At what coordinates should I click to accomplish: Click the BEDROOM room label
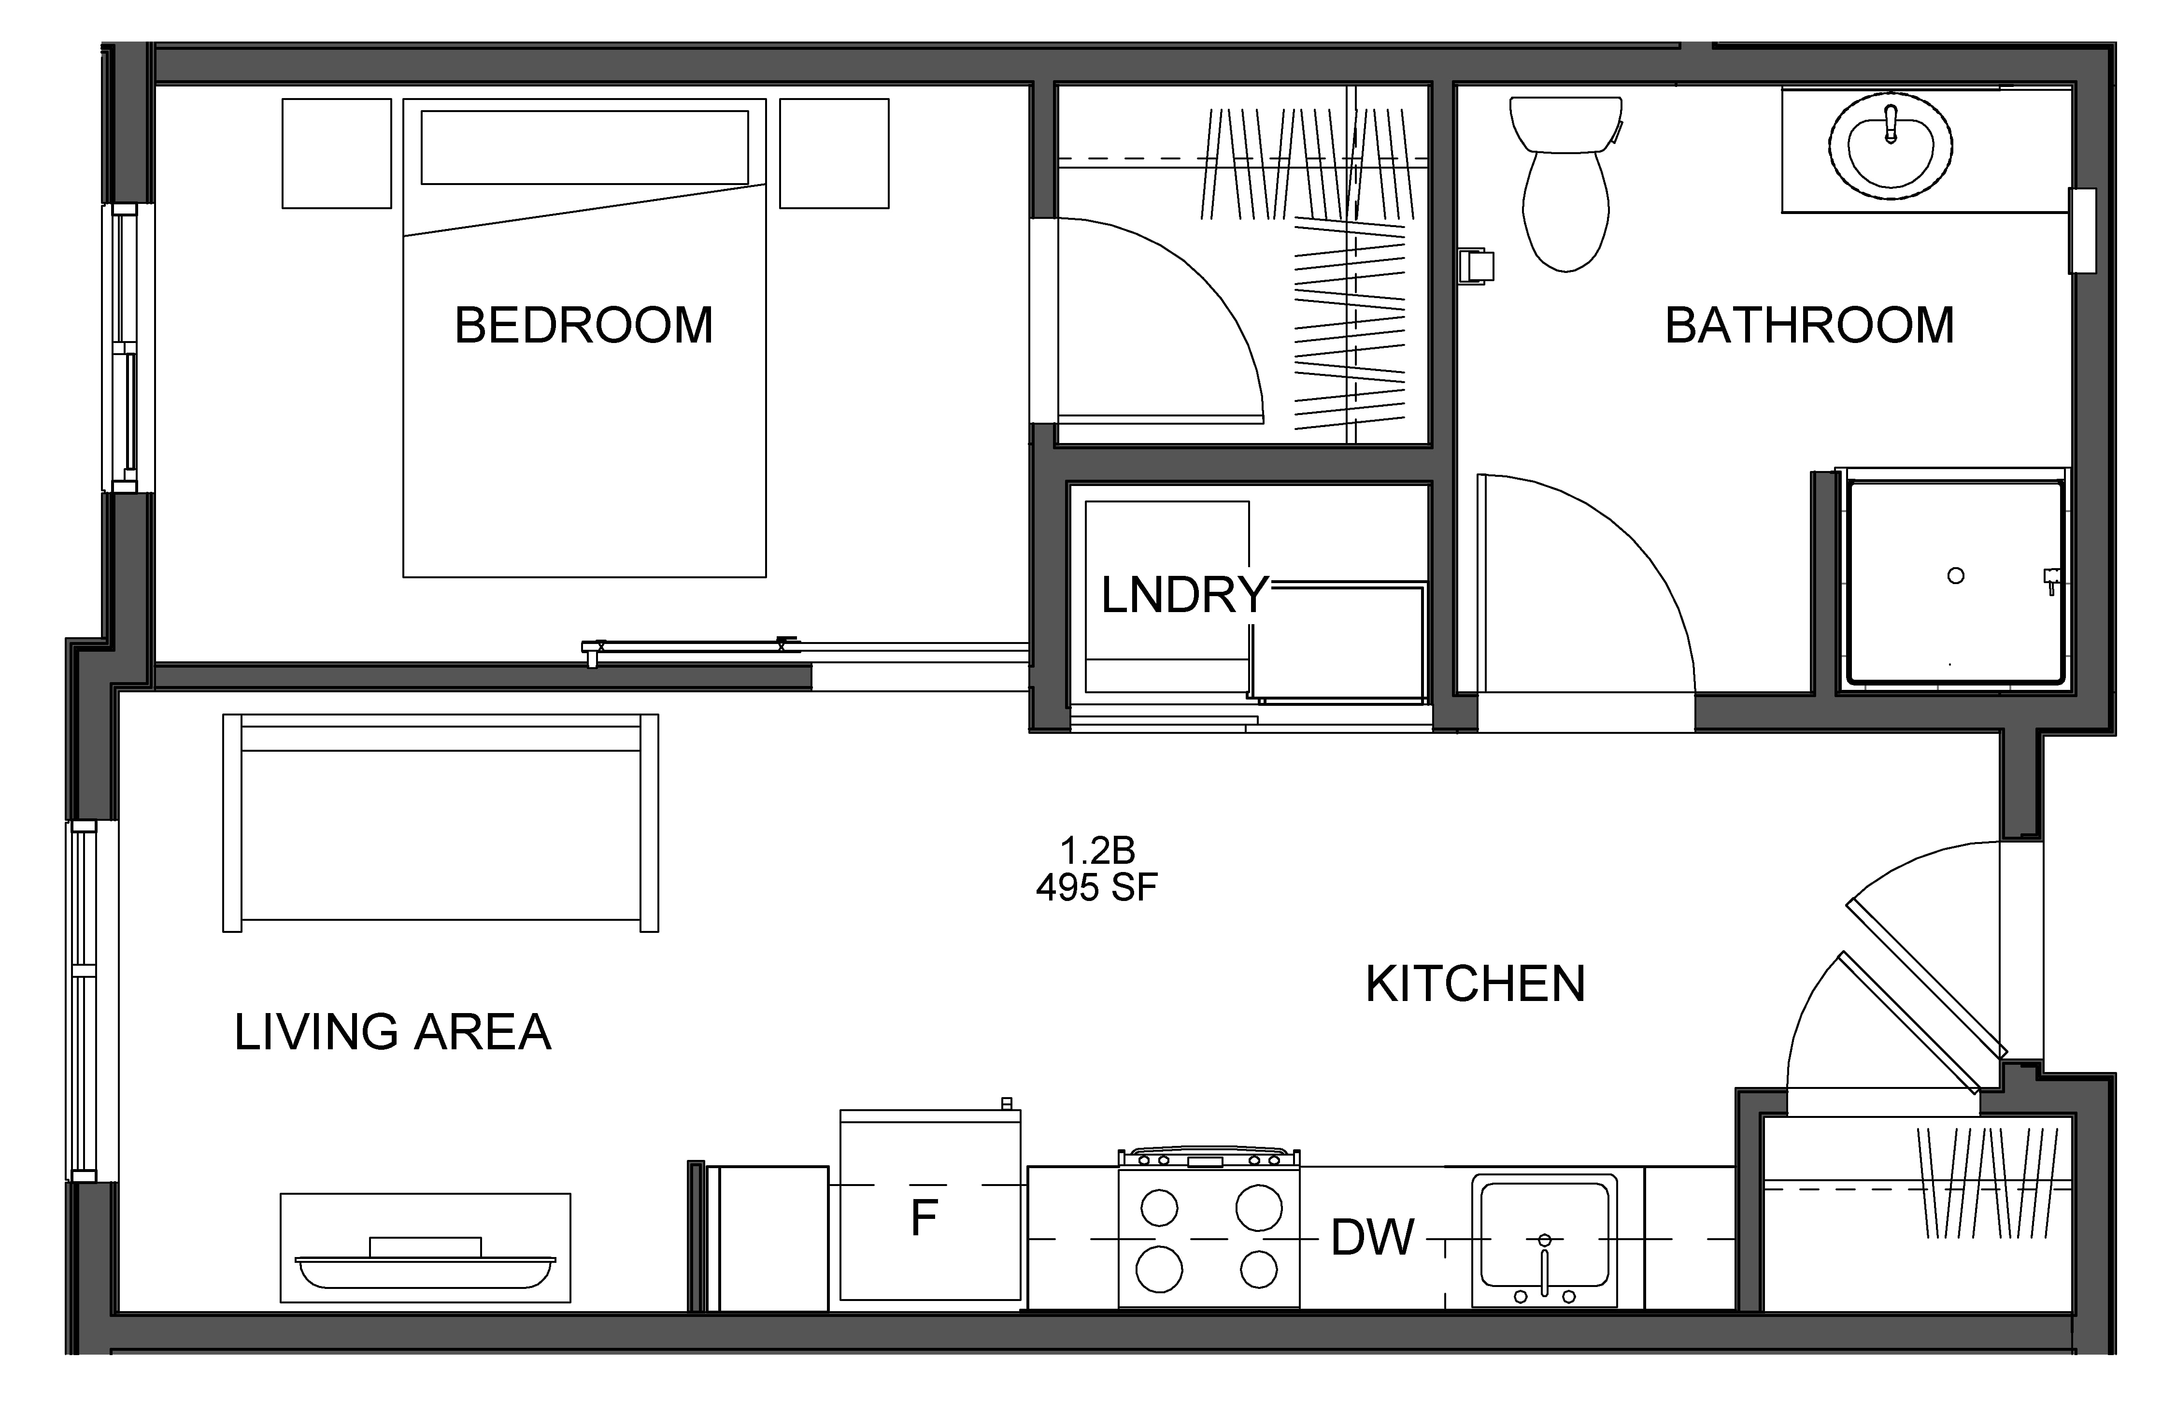(584, 325)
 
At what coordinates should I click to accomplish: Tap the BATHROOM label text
(1809, 325)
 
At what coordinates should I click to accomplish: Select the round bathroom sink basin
(1891, 145)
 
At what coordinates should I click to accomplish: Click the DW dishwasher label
(1373, 1237)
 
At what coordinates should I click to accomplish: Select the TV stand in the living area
(425, 1247)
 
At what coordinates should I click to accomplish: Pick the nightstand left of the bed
(337, 154)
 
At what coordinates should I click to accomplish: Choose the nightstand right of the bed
(834, 154)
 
